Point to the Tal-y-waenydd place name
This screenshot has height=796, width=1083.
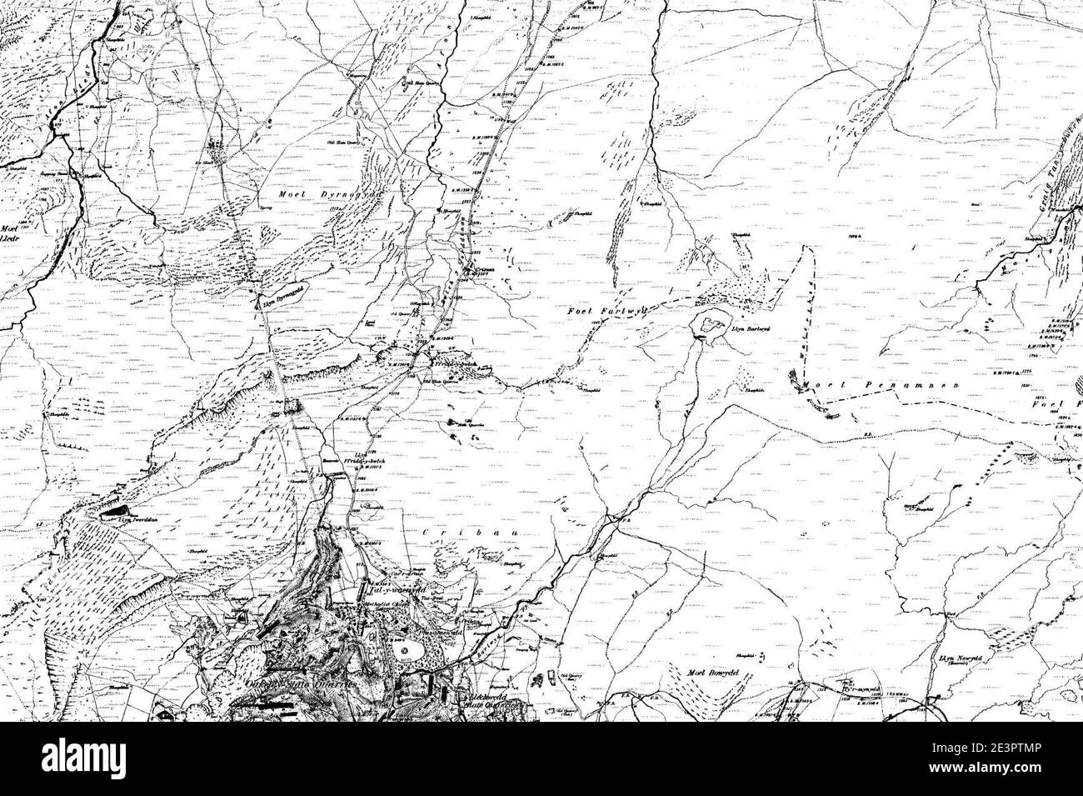point(391,586)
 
